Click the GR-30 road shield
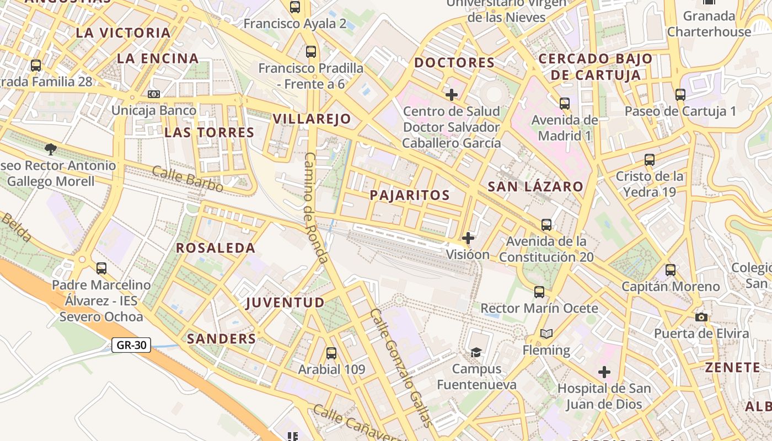[131, 345]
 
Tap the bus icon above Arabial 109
[331, 353]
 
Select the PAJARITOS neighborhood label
[410, 195]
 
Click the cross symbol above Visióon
[468, 238]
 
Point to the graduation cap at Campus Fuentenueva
[476, 352]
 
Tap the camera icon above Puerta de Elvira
[701, 317]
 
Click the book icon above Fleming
[546, 334]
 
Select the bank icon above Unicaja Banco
[154, 94]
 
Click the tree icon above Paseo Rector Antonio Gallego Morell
[51, 149]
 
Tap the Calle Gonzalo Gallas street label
[400, 368]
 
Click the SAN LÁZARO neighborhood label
[535, 186]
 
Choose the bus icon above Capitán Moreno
[671, 270]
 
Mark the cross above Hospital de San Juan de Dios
[604, 372]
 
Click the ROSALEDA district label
[216, 248]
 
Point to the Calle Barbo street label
[187, 179]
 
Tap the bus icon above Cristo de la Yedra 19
[650, 160]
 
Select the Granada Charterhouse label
[709, 24]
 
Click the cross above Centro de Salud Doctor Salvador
[452, 95]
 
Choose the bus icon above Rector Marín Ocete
[539, 292]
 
